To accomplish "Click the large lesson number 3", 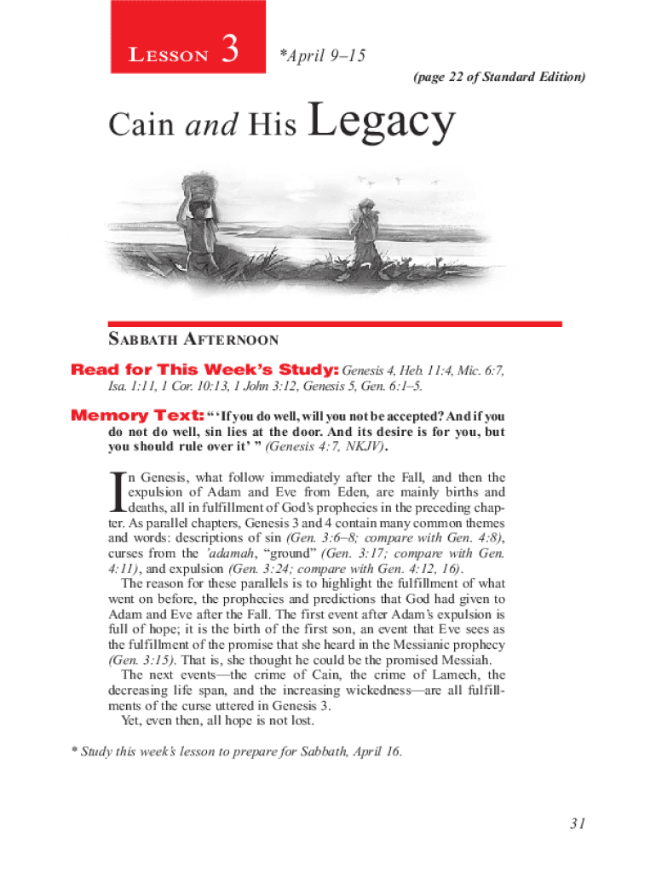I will tap(227, 54).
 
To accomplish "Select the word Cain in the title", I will tap(141, 126).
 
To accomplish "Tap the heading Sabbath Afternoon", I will tap(193, 340).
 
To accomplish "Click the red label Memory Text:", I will tap(136, 416).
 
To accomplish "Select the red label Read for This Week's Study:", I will tap(205, 370).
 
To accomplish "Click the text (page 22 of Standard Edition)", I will tap(499, 77).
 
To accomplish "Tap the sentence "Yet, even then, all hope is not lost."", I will tap(218, 721).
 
